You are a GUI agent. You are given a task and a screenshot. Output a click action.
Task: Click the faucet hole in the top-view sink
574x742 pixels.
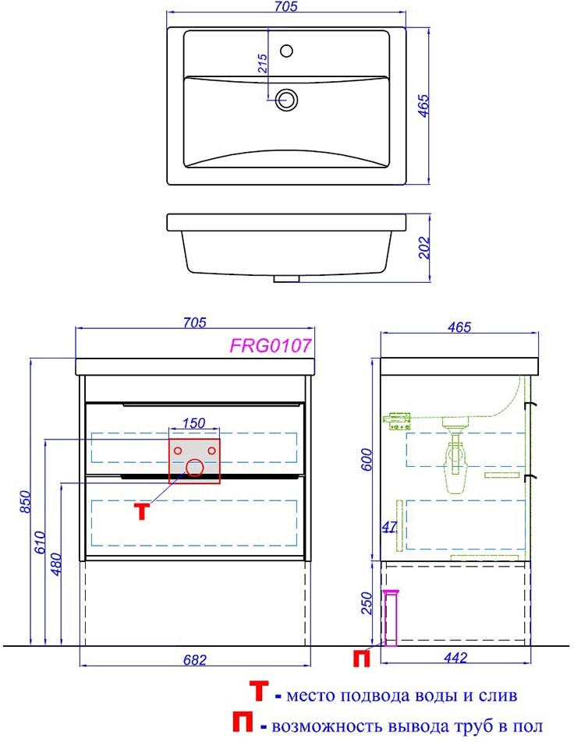click(x=286, y=50)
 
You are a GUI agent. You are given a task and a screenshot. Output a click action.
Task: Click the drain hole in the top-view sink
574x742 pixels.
click(x=286, y=100)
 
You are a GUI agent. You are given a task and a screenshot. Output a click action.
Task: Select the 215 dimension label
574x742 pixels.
click(x=262, y=63)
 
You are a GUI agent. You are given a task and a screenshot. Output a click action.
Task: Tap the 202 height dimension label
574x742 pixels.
click(x=423, y=248)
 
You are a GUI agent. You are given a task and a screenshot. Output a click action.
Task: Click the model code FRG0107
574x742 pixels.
click(x=271, y=345)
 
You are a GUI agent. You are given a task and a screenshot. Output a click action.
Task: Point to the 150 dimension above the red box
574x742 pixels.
click(x=193, y=422)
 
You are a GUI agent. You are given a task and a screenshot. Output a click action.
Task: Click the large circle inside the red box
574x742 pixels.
click(x=195, y=468)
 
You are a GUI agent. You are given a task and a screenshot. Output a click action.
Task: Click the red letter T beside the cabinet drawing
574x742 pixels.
click(x=141, y=511)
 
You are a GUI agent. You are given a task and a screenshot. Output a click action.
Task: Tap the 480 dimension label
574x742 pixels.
click(x=55, y=564)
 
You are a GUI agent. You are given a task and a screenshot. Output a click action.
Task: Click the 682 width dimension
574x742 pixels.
click(x=195, y=659)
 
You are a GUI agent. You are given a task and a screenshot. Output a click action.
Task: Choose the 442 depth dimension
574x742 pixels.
click(x=456, y=657)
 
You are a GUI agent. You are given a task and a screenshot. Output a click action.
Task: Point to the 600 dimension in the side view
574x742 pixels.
click(x=367, y=460)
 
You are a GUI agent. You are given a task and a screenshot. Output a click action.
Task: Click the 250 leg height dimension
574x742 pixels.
click(x=367, y=603)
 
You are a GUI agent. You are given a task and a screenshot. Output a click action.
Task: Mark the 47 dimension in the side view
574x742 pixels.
click(x=389, y=526)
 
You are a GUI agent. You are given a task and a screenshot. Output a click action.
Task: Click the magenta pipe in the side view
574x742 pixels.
click(x=392, y=618)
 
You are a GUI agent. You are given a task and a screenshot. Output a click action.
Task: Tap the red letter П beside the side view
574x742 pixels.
click(x=361, y=659)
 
